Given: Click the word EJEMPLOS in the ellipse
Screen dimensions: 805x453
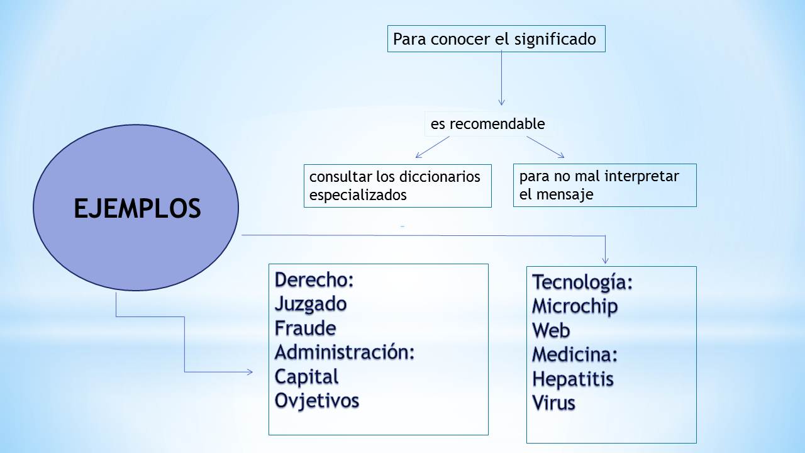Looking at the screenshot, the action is pyautogui.click(x=137, y=208).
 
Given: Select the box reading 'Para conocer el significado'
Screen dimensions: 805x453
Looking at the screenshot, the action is pyautogui.click(x=496, y=39).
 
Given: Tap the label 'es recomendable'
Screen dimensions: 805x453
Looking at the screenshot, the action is pyautogui.click(x=487, y=124).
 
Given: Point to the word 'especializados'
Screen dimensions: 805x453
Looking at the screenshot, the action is pyautogui.click(x=358, y=195).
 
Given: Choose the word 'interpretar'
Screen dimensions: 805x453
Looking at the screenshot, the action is pyautogui.click(x=642, y=176).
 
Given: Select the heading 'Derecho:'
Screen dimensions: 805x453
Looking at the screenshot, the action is pyautogui.click(x=314, y=280).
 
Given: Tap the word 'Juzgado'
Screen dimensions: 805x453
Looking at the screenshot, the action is pyautogui.click(x=311, y=304).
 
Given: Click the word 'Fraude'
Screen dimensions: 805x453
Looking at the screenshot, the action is pyautogui.click(x=305, y=328).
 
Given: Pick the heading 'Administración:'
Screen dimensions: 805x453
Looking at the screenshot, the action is pyautogui.click(x=345, y=352).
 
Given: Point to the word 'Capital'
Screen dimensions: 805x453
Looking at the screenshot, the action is pyautogui.click(x=306, y=377).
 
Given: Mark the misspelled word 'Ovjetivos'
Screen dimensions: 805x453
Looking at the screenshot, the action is pyautogui.click(x=316, y=401).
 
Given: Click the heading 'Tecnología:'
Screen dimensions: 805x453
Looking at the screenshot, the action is pyautogui.click(x=582, y=282).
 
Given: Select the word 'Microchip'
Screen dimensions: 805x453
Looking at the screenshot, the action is pyautogui.click(x=575, y=306).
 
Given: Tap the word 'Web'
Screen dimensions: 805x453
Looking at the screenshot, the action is pyautogui.click(x=551, y=330).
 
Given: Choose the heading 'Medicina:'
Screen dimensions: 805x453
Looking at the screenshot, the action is pyautogui.click(x=575, y=354).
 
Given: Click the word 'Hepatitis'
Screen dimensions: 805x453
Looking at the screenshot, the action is pyautogui.click(x=573, y=379).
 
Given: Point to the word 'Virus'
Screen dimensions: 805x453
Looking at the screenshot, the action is pyautogui.click(x=553, y=403).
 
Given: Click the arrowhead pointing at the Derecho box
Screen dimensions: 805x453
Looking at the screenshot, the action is pyautogui.click(x=250, y=372).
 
